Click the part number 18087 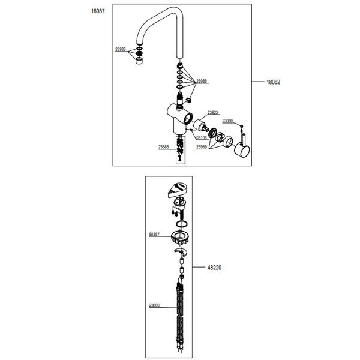(98, 11)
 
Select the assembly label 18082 (273, 82)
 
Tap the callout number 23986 (121, 49)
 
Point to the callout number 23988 (202, 81)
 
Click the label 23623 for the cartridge (212, 113)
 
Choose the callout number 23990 (227, 121)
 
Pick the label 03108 (201, 137)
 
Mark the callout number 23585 (163, 147)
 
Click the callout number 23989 (202, 147)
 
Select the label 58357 (154, 235)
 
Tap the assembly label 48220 (214, 268)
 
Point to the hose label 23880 (154, 305)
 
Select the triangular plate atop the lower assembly (177, 190)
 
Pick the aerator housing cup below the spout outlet (139, 61)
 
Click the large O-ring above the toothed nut (182, 224)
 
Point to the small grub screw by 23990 (241, 126)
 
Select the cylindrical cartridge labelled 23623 (200, 126)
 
